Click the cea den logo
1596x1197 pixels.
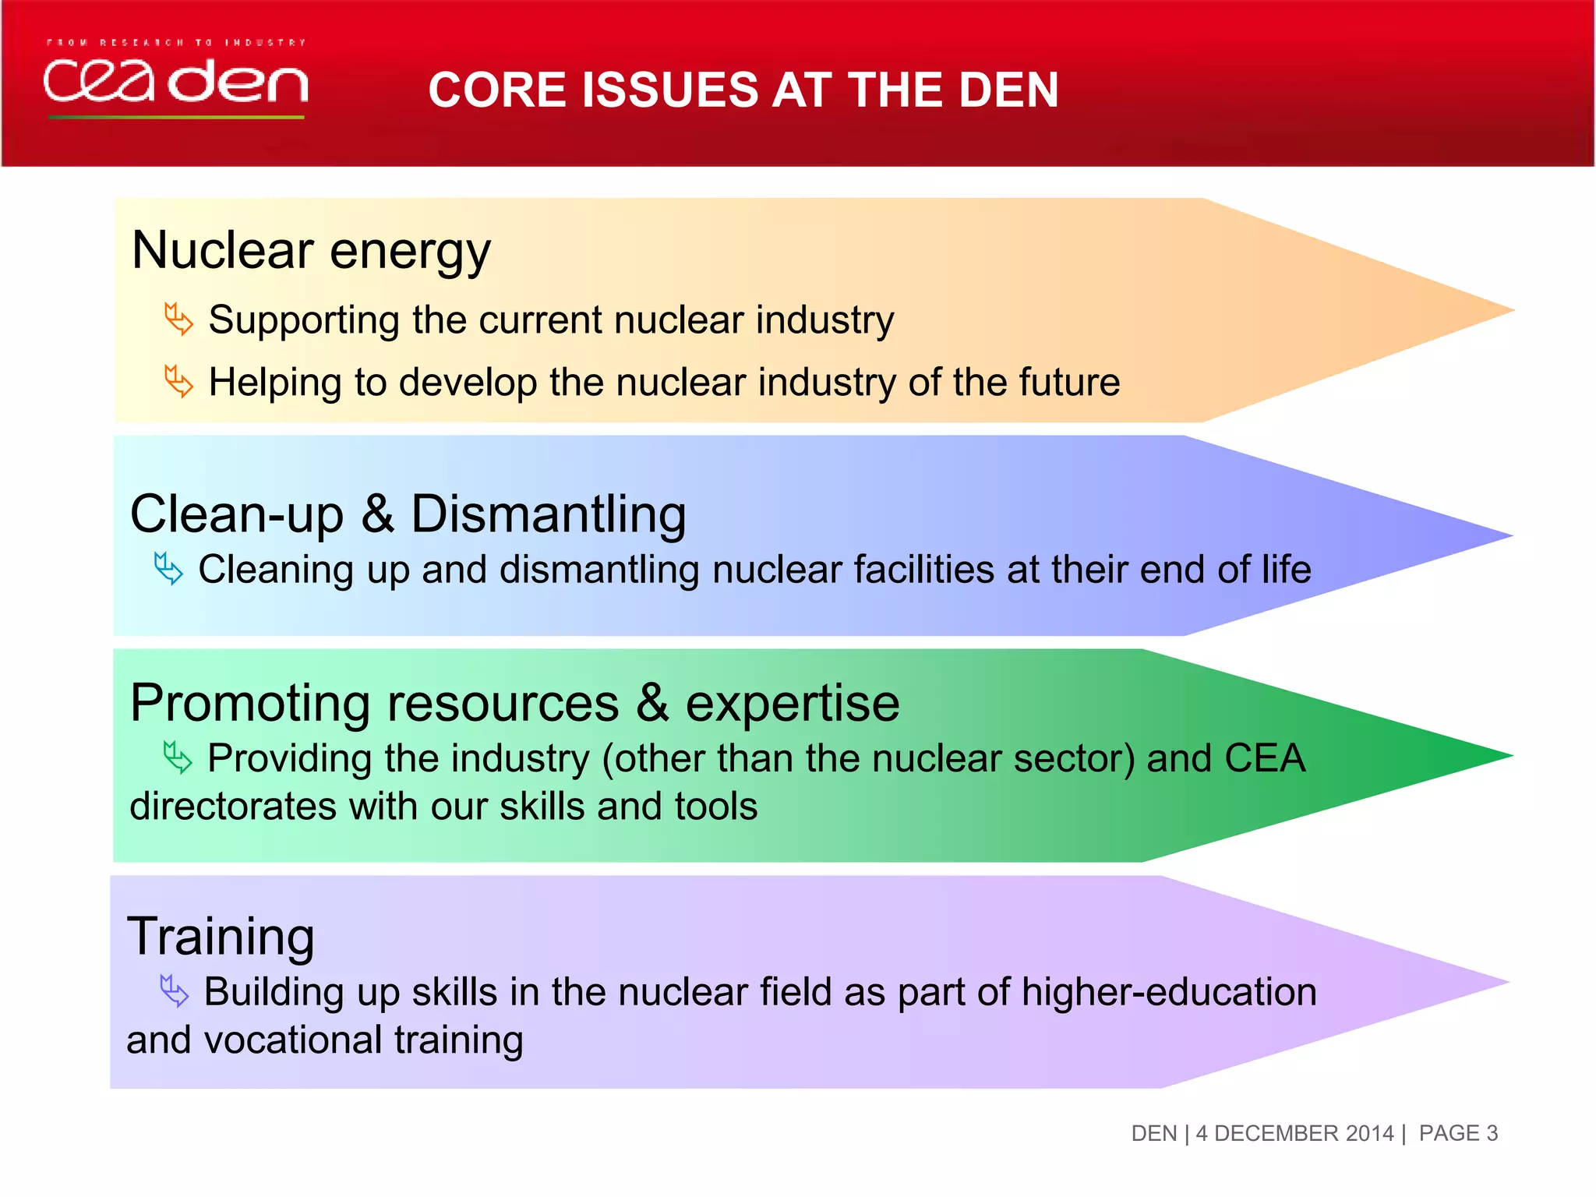(176, 82)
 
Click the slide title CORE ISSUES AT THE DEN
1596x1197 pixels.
(743, 90)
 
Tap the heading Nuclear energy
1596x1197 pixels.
(311, 251)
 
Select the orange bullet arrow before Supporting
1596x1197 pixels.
(178, 320)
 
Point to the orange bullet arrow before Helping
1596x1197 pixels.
(178, 382)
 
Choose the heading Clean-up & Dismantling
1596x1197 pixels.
(408, 514)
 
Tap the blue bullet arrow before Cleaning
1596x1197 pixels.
(168, 569)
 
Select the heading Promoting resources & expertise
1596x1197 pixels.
(514, 703)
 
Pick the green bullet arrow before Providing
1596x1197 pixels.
(178, 757)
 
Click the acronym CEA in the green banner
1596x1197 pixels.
(1264, 758)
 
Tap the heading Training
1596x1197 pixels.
(221, 936)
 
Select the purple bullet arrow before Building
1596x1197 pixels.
(174, 991)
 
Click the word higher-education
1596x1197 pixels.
(1168, 992)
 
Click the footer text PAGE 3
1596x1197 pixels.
(1458, 1133)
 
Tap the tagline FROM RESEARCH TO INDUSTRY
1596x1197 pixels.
(176, 42)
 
